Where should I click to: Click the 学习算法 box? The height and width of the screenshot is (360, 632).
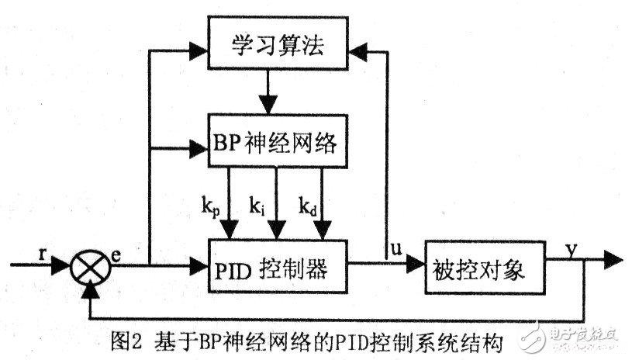(x=278, y=43)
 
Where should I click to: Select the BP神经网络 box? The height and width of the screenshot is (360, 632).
(x=278, y=141)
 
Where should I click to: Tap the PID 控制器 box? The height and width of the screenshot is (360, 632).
(x=278, y=266)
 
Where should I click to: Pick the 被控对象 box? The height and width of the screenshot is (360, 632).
(x=485, y=268)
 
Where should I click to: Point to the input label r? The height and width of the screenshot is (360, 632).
(x=43, y=254)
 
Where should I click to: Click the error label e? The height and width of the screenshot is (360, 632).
(x=116, y=255)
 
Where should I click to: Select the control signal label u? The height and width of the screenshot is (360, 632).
(x=396, y=249)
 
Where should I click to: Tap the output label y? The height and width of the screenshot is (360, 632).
(x=572, y=251)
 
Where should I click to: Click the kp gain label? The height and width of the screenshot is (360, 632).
(x=211, y=206)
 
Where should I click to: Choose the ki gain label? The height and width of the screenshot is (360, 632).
(x=257, y=206)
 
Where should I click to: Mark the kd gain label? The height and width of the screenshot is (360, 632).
(x=308, y=206)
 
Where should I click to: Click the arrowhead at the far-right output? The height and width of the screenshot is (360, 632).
(x=613, y=259)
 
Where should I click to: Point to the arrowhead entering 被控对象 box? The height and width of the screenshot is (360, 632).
(x=416, y=265)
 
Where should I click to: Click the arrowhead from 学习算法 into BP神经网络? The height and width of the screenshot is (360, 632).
(x=268, y=105)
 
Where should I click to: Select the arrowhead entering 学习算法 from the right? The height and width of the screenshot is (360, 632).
(x=358, y=52)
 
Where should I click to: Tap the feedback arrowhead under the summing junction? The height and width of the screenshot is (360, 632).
(x=90, y=291)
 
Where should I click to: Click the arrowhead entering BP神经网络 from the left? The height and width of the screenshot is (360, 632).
(x=199, y=149)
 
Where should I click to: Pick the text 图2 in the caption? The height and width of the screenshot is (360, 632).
(x=126, y=342)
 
